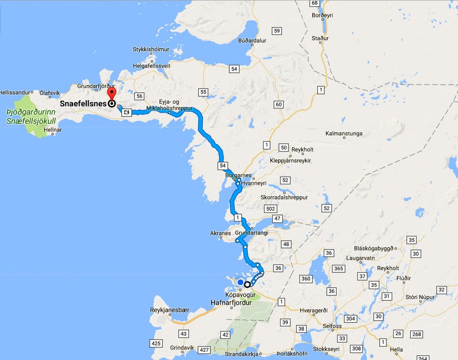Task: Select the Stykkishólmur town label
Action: coord(151,50)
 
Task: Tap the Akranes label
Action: coord(220,233)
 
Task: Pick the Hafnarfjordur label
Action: coord(231,302)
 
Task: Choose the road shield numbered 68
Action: coord(314,3)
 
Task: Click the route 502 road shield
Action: coord(270,208)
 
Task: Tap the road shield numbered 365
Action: coord(338,268)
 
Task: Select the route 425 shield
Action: coord(155,344)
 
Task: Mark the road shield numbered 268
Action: coord(416,334)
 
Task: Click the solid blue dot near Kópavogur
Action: coord(240,282)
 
